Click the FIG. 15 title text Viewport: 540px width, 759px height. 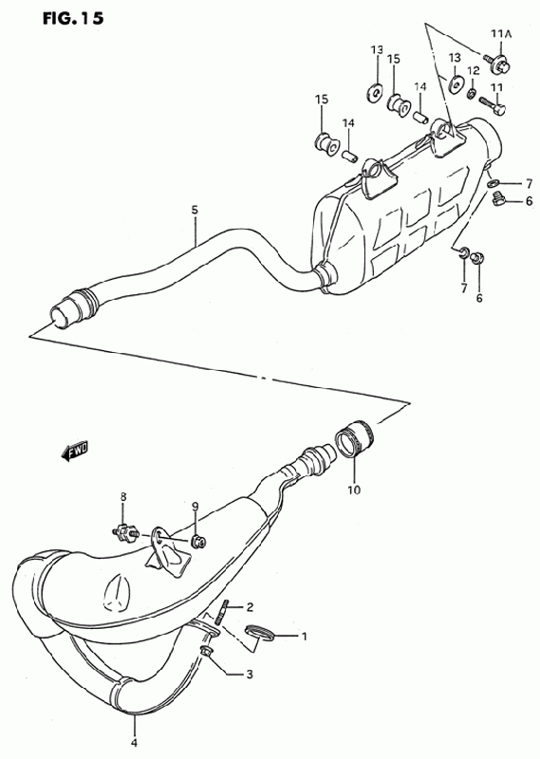tap(73, 18)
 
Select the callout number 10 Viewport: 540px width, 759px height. tap(354, 490)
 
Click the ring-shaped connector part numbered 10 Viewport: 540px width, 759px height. tap(356, 438)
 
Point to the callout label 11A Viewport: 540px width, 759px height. tap(501, 33)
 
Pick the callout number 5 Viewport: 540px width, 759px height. tap(195, 210)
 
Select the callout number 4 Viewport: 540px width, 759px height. tap(134, 743)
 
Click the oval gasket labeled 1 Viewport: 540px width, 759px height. tap(260, 633)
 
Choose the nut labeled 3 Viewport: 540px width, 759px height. tap(205, 653)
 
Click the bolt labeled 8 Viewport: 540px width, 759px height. tap(125, 533)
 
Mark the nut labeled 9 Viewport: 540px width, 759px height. tap(198, 540)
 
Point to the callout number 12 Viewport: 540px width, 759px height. tap(474, 70)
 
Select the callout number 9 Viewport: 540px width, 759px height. tap(195, 507)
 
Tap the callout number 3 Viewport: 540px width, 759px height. tap(250, 674)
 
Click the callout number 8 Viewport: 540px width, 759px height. tap(123, 496)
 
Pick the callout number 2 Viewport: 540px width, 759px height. tap(250, 607)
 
